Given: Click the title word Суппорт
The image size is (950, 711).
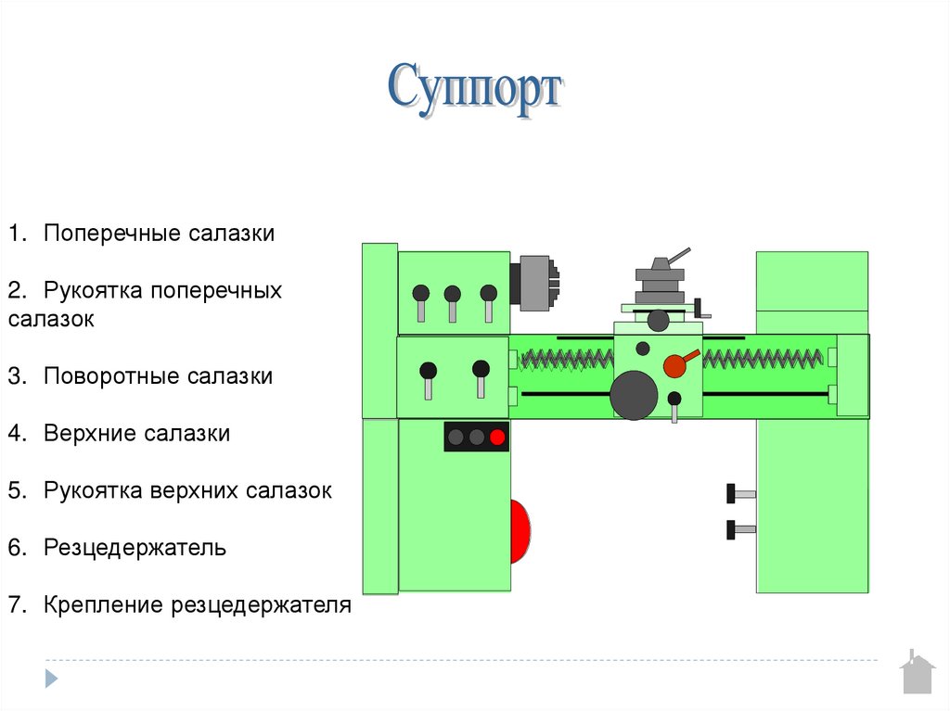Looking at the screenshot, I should tap(474, 89).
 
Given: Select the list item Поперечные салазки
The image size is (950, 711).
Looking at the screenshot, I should tap(159, 233).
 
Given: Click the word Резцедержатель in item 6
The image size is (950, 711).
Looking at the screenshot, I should tap(135, 547).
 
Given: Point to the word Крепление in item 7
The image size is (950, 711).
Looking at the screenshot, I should tap(103, 605).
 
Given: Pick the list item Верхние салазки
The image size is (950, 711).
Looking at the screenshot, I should tap(136, 433).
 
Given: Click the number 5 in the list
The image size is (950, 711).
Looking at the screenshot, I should tap(16, 490).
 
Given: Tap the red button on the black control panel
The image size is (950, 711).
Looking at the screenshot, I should tap(498, 437).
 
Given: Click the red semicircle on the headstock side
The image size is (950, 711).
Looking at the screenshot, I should tap(520, 532).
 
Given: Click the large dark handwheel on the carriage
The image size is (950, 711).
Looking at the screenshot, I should tap(634, 395).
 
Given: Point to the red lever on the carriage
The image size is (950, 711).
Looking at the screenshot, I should tap(678, 364).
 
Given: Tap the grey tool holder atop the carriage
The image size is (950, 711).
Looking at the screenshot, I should tap(660, 278).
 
